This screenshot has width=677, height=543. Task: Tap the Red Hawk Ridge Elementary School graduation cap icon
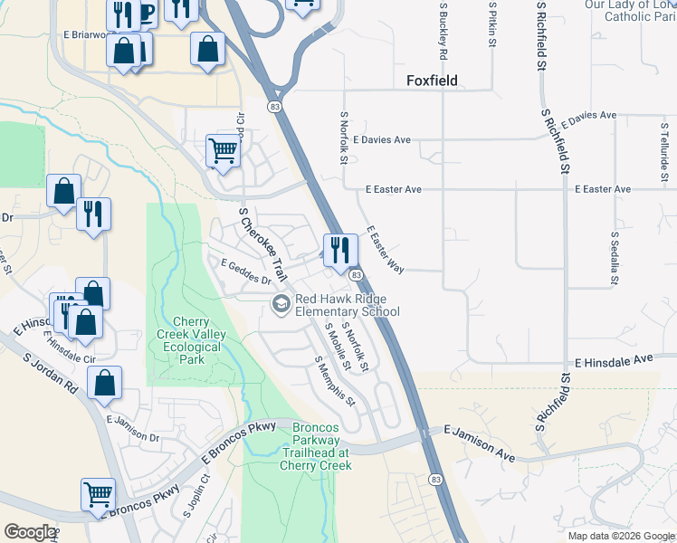(281, 304)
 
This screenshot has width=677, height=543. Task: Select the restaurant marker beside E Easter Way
(339, 250)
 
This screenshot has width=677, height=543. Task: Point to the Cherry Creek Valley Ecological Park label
(190, 340)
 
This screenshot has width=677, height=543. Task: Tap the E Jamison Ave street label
(478, 444)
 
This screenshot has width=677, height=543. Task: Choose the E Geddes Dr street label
(245, 270)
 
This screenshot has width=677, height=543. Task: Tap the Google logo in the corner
(29, 533)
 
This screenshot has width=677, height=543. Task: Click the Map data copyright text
(621, 536)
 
